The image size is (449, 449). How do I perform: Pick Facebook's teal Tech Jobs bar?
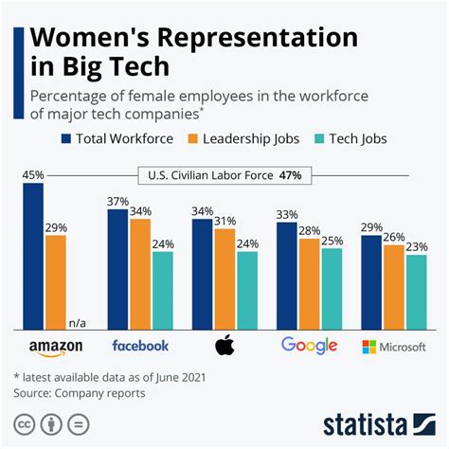pyautogui.click(x=163, y=289)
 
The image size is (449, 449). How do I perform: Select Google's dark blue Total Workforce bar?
pyautogui.click(x=286, y=269)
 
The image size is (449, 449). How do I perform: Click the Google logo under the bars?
pyautogui.click(x=309, y=345)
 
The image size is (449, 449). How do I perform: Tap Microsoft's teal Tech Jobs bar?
pyautogui.click(x=415, y=290)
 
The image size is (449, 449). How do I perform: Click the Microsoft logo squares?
pyautogui.click(x=369, y=347)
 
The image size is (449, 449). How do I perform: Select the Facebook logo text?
pyautogui.click(x=140, y=346)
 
